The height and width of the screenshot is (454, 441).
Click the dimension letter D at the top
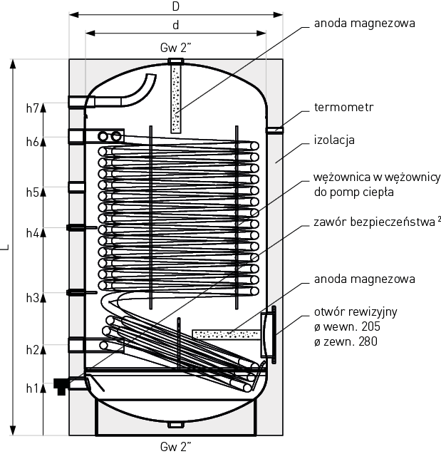(176, 6)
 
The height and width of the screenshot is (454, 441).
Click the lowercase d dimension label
(176, 25)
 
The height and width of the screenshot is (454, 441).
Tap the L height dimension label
(5, 247)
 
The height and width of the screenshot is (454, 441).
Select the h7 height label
(32, 108)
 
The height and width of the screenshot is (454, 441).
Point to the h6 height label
(32, 142)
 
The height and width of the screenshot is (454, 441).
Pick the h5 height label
(32, 192)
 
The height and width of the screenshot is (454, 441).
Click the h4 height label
(32, 233)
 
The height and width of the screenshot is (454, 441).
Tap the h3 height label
(32, 298)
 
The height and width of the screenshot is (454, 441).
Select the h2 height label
(32, 350)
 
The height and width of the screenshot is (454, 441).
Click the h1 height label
(32, 388)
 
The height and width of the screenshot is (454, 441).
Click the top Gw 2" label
(176, 48)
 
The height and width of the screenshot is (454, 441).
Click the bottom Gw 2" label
(176, 446)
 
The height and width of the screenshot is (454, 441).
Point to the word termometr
(344, 107)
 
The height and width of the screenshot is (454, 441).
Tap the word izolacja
(334, 140)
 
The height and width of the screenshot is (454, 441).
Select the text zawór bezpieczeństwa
(375, 222)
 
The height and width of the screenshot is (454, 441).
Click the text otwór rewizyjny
(356, 312)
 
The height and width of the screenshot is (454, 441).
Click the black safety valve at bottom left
(61, 386)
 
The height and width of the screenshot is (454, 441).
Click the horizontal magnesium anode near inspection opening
(227, 335)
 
